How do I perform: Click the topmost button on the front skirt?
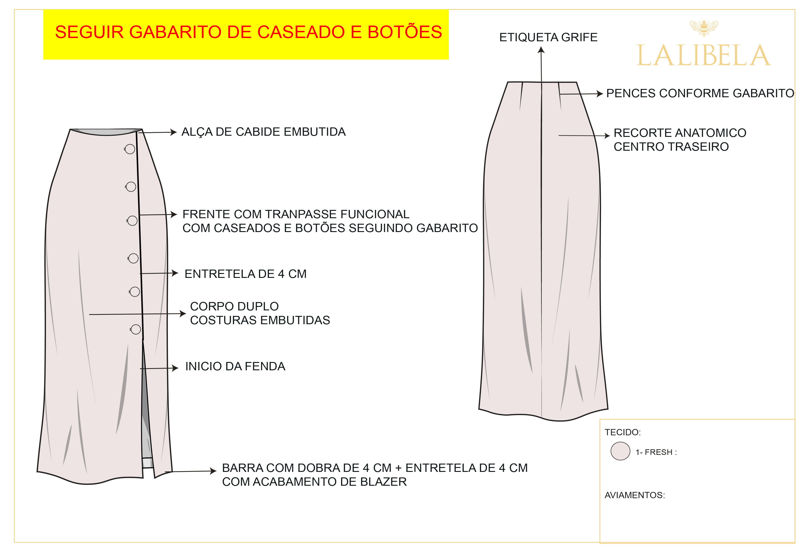(130, 149)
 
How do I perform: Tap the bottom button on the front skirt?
(136, 329)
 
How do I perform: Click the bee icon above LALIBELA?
(704, 28)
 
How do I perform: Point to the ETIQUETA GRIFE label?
(548, 37)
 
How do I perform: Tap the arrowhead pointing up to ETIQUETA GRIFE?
(541, 50)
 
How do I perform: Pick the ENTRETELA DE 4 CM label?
(245, 274)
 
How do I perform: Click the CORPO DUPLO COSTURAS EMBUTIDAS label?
(260, 313)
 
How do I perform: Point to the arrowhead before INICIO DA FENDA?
(175, 368)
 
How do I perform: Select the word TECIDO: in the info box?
(622, 432)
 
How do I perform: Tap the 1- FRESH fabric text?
(656, 452)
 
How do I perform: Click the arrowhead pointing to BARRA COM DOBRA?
(213, 471)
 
